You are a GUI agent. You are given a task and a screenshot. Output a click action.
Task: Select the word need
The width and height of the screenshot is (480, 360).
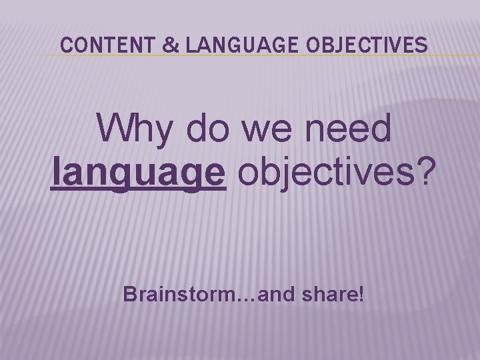point(351,129)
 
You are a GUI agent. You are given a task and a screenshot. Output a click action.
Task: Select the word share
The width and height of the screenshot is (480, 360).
point(327,293)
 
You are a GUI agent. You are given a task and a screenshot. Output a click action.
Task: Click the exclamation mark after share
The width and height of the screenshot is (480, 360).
point(361,293)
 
